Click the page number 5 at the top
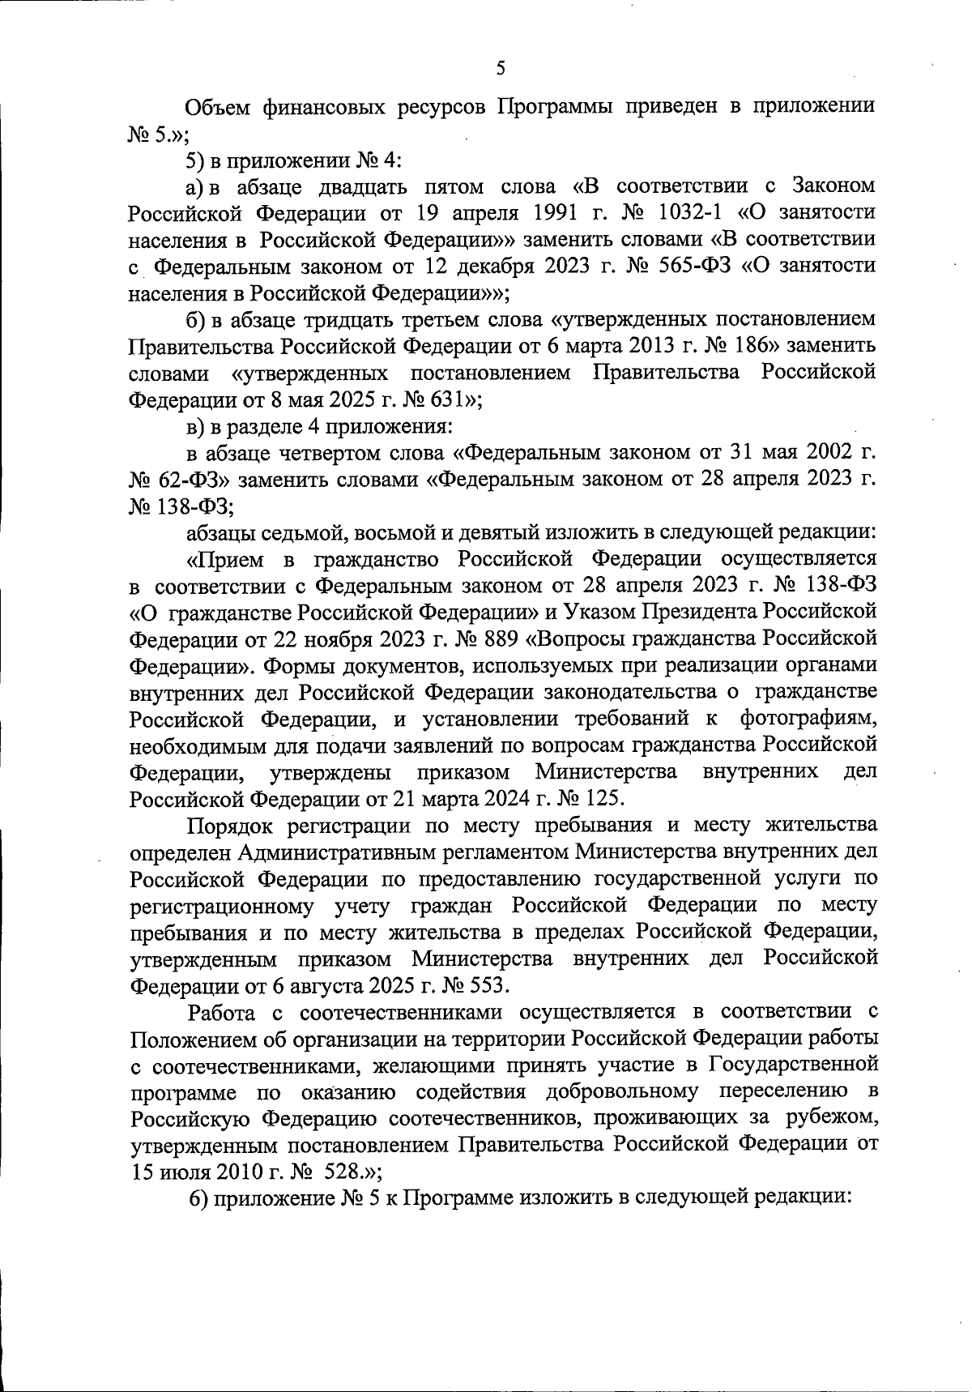(500, 69)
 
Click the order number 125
(601, 797)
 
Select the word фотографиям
(808, 718)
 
